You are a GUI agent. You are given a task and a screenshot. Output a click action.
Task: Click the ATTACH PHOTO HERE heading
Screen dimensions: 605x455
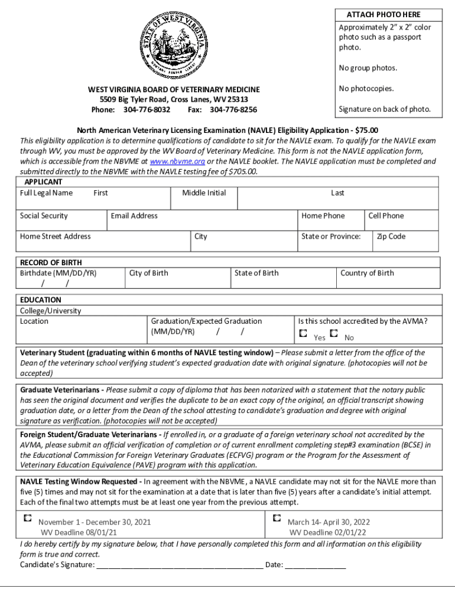(x=388, y=15)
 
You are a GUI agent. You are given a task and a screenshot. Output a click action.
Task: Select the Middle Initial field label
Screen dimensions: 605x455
(x=204, y=193)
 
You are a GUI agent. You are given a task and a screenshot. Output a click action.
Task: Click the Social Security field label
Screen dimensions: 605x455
(x=44, y=216)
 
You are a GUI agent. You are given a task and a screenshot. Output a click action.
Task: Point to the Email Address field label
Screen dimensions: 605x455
(x=134, y=216)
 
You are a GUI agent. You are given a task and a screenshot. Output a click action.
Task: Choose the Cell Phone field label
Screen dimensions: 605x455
(x=386, y=216)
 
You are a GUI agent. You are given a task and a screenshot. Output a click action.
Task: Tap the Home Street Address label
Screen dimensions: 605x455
(x=56, y=237)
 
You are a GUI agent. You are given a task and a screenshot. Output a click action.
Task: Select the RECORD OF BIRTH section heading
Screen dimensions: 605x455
(x=51, y=263)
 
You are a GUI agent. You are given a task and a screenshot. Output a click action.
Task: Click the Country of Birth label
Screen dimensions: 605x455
(x=367, y=274)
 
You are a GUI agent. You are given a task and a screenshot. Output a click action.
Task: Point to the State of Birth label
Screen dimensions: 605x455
(x=256, y=274)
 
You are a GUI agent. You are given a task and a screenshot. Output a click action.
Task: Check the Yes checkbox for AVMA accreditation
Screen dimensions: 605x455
(x=303, y=334)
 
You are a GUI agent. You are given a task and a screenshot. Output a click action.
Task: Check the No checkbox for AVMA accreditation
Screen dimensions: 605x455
(x=334, y=334)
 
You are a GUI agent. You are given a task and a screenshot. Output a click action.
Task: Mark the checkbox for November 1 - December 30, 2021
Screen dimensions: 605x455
(x=27, y=518)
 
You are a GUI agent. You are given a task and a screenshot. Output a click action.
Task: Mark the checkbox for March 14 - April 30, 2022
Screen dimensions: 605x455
(x=277, y=518)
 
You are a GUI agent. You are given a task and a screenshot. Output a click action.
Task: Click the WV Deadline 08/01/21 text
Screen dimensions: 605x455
(x=79, y=532)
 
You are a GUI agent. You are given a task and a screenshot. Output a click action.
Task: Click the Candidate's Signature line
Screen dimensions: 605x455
(x=179, y=565)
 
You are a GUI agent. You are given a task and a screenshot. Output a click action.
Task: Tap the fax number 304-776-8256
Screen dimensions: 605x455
(x=233, y=110)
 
